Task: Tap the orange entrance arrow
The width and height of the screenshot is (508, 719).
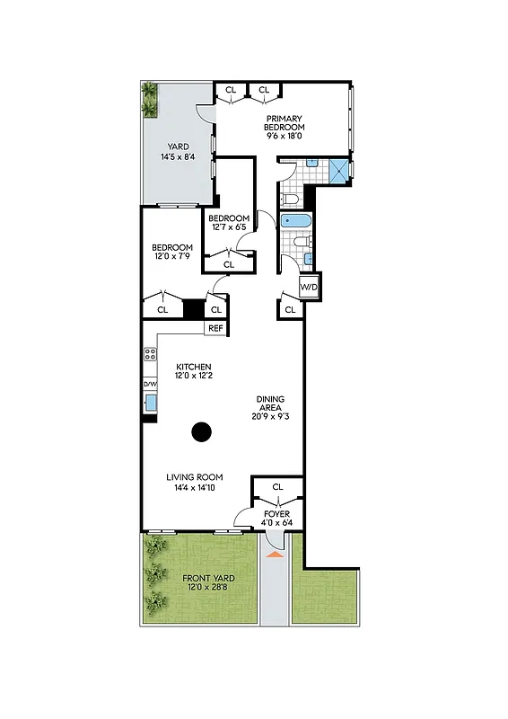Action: pos(276,555)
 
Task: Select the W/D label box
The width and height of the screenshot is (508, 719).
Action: pos(309,288)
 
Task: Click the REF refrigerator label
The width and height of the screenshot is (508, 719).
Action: pos(215,329)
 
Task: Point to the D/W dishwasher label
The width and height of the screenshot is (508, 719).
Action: pos(149,385)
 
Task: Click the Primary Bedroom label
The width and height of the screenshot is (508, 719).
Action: pos(284,123)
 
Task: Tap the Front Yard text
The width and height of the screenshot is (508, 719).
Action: pos(208,578)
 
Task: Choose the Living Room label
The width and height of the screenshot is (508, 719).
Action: pos(194,477)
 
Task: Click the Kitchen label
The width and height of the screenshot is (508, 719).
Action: pos(193,367)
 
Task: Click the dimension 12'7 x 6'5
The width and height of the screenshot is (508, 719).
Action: pos(228,228)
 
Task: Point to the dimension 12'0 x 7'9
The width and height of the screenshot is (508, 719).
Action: pos(171,258)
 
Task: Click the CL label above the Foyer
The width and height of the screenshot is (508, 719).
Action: pos(277,487)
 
